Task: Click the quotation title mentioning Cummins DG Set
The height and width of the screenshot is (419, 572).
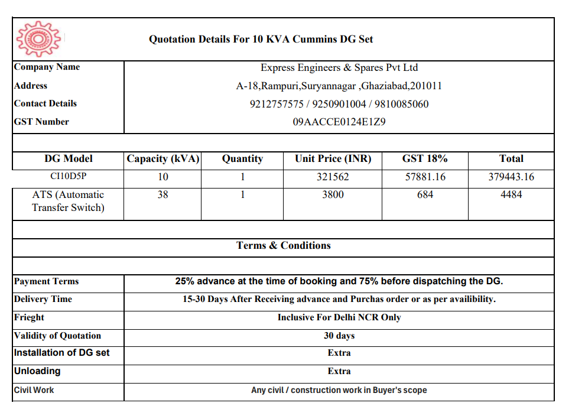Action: pos(261,40)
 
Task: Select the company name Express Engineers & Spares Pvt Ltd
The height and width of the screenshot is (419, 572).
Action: pos(339,67)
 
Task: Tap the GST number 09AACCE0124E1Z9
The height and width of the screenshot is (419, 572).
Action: pos(339,122)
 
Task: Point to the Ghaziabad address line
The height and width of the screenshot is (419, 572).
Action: pos(339,86)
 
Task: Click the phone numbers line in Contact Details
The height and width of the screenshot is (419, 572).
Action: pos(339,104)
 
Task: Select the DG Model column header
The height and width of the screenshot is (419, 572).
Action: pos(69,158)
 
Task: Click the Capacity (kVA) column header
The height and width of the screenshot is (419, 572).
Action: pos(163,158)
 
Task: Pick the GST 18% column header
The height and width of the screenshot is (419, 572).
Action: pos(425,158)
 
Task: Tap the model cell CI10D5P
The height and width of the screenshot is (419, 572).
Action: pos(69,176)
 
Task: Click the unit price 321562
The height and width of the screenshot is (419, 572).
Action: pos(333,177)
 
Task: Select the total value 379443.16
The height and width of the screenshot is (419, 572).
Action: pos(511,177)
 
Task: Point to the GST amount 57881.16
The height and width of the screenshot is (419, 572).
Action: pos(425,177)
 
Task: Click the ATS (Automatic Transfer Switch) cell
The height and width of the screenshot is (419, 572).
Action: pos(68,201)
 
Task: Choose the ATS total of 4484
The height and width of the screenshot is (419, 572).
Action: pos(511,194)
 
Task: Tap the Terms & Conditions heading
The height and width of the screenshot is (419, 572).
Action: pos(284,245)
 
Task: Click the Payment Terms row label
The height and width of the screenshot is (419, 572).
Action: pos(47,281)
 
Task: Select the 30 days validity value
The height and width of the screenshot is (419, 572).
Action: pos(339,336)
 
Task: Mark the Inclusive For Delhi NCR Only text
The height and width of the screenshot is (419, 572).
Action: pos(339,317)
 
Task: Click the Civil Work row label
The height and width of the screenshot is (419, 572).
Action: pos(34,390)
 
